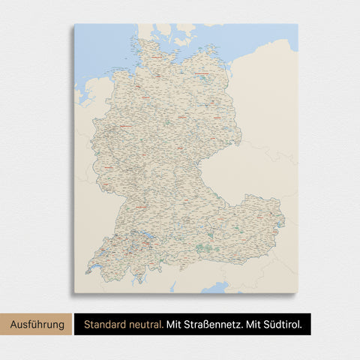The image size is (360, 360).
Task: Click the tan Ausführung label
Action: [36, 325]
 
